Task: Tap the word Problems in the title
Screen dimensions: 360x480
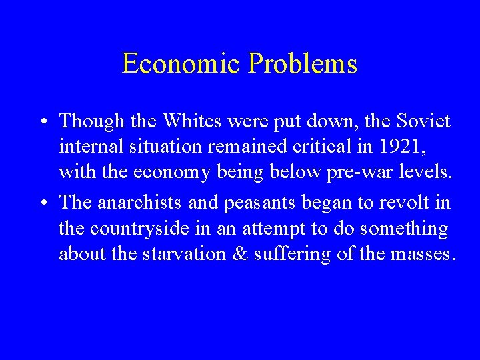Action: pos(303,64)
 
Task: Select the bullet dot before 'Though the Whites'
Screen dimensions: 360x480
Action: pos(43,122)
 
